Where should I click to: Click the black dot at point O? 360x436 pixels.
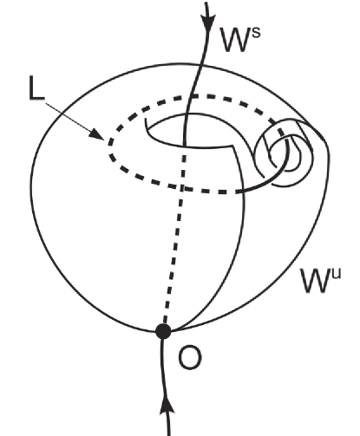pyautogui.click(x=163, y=330)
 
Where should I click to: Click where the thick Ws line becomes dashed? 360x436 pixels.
pyautogui.click(x=184, y=144)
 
